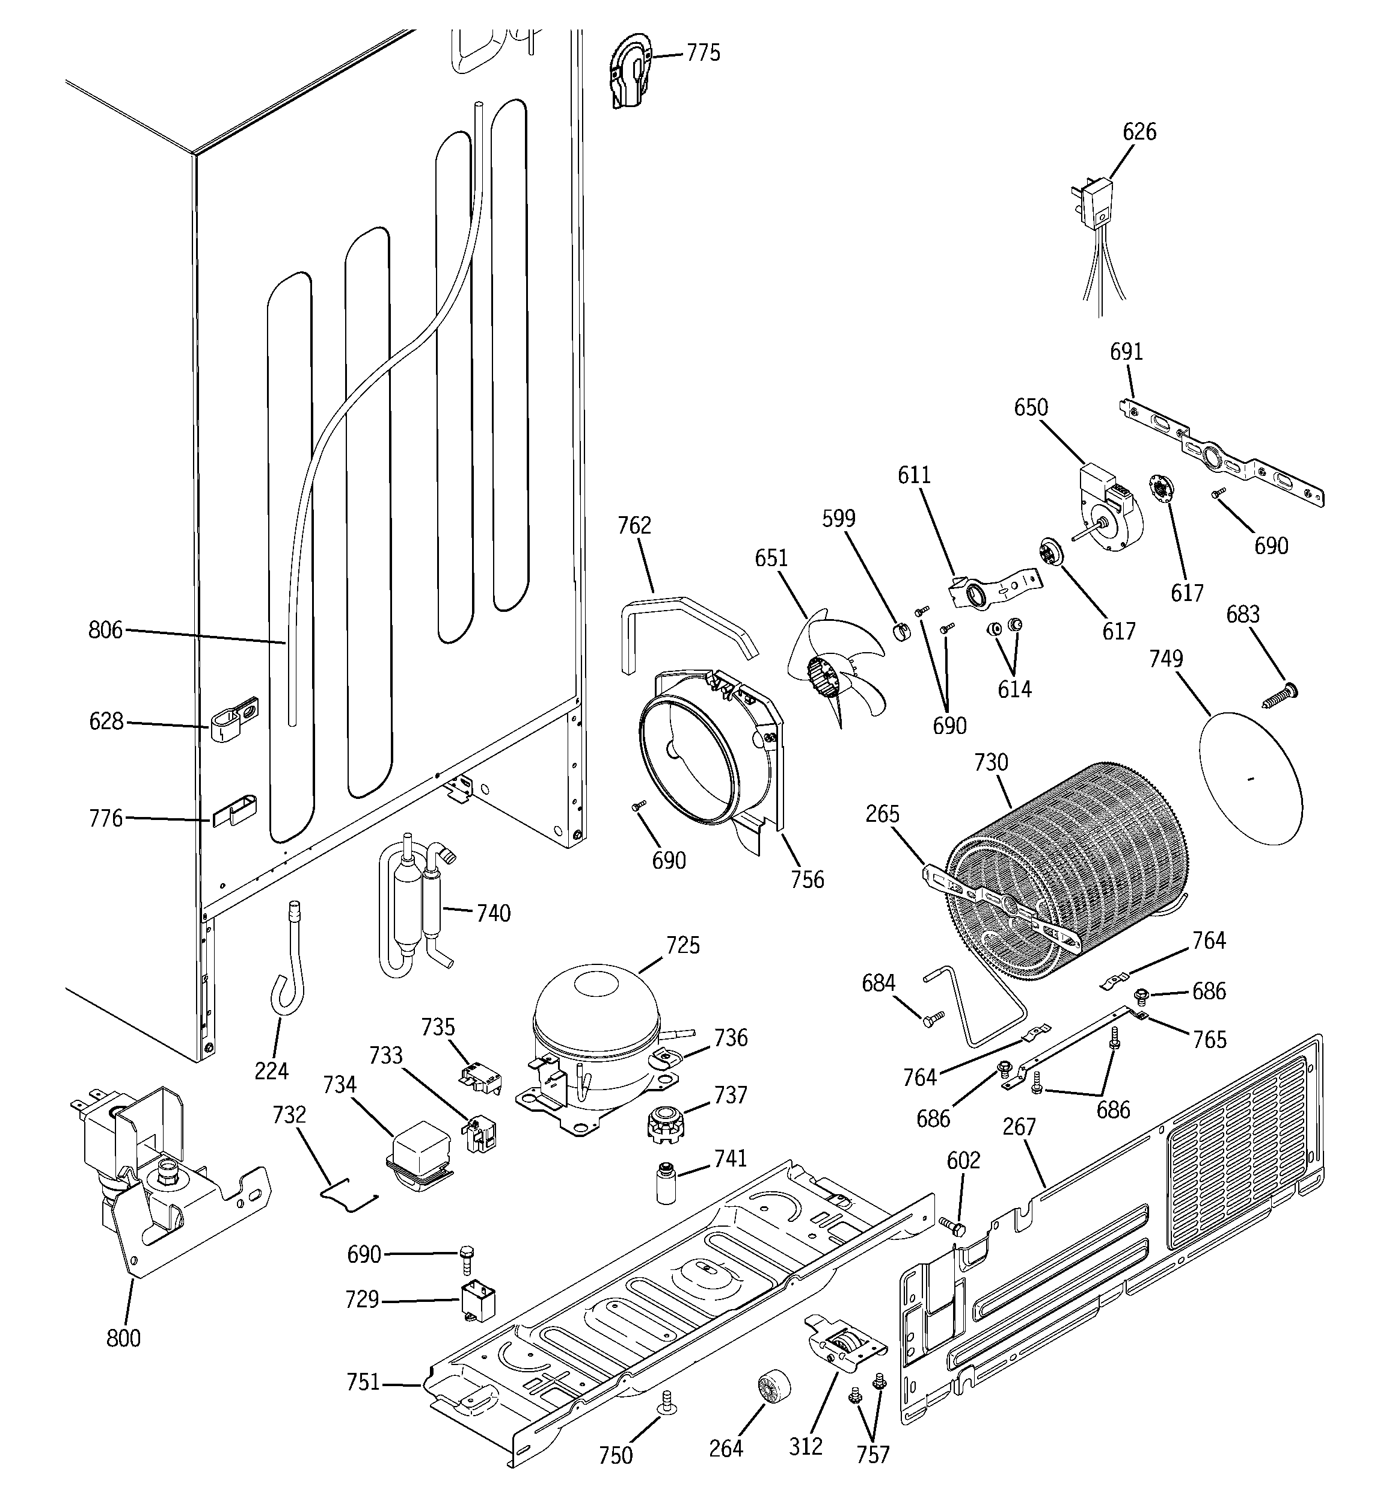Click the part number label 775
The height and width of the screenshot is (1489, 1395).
click(x=703, y=53)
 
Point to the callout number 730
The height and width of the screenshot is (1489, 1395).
click(x=991, y=762)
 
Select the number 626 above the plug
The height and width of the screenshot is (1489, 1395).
click(x=1139, y=132)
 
